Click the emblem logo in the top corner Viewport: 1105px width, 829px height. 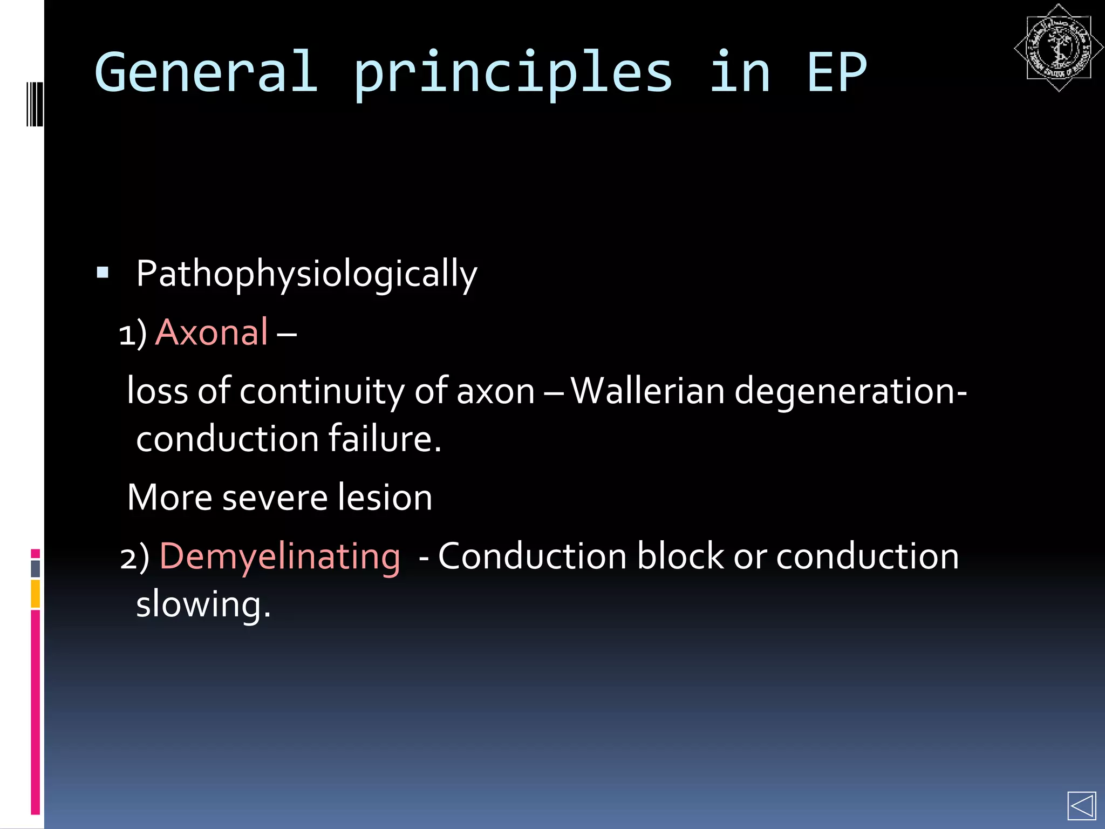click(x=1058, y=47)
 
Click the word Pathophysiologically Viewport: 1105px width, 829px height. click(x=306, y=274)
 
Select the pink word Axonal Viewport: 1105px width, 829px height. click(x=212, y=332)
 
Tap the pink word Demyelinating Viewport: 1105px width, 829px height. click(x=280, y=556)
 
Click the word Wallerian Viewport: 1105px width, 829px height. click(x=647, y=390)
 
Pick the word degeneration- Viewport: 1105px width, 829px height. click(x=850, y=391)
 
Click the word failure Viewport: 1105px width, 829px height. click(x=385, y=438)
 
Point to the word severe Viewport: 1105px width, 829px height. click(x=275, y=497)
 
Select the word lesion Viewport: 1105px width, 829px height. click(x=385, y=497)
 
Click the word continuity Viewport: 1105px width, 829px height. click(x=322, y=391)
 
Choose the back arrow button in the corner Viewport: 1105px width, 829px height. click(x=1081, y=806)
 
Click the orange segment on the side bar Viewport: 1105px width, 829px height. click(x=36, y=594)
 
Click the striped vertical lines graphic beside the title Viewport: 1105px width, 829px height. click(x=35, y=104)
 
